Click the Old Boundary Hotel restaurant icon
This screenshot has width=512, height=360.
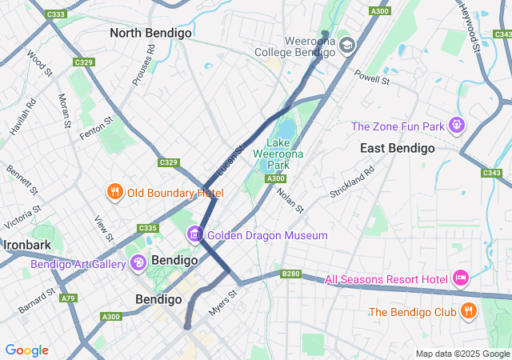click(115, 192)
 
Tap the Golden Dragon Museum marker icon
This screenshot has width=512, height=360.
click(194, 235)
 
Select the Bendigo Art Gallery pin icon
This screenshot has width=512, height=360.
click(138, 262)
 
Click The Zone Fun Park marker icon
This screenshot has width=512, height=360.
click(457, 126)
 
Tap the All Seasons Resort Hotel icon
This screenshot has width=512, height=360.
click(461, 278)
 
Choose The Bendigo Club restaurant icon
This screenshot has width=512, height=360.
click(469, 311)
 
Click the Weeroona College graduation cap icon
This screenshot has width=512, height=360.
click(346, 45)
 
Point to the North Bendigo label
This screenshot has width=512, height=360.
click(150, 33)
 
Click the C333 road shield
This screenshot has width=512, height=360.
click(56, 14)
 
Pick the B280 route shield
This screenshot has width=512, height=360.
click(290, 274)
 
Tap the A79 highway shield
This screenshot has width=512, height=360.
click(69, 298)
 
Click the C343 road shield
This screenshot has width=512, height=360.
click(492, 172)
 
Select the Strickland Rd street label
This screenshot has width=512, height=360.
click(352, 182)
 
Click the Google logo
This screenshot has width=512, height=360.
click(26, 350)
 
